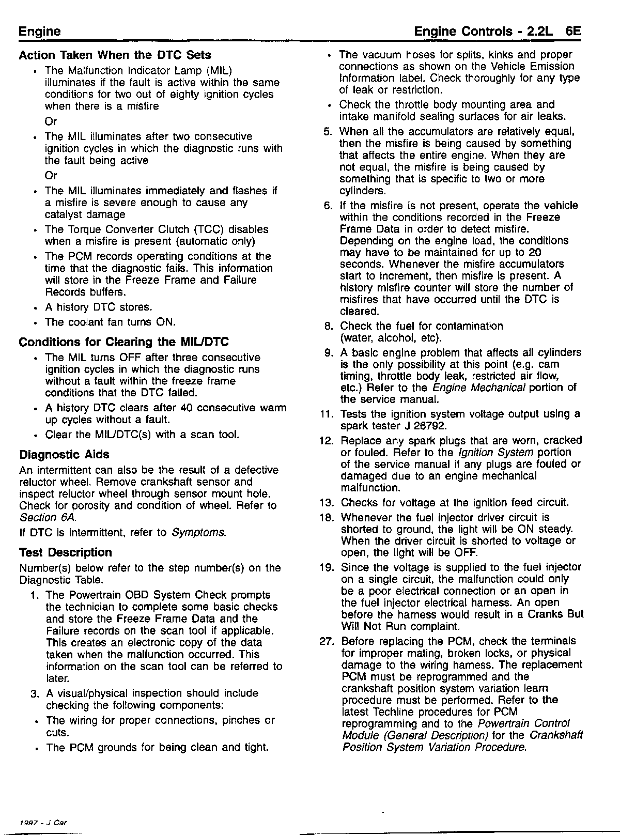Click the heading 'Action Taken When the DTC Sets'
[115, 55]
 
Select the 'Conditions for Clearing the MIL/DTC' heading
[123, 342]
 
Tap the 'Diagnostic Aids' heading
[64, 455]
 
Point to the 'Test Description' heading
[65, 552]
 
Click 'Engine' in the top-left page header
[39, 31]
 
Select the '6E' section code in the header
[574, 31]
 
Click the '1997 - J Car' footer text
[43, 822]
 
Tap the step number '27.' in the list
[326, 641]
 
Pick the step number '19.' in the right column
[326, 567]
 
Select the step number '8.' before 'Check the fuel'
[329, 327]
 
